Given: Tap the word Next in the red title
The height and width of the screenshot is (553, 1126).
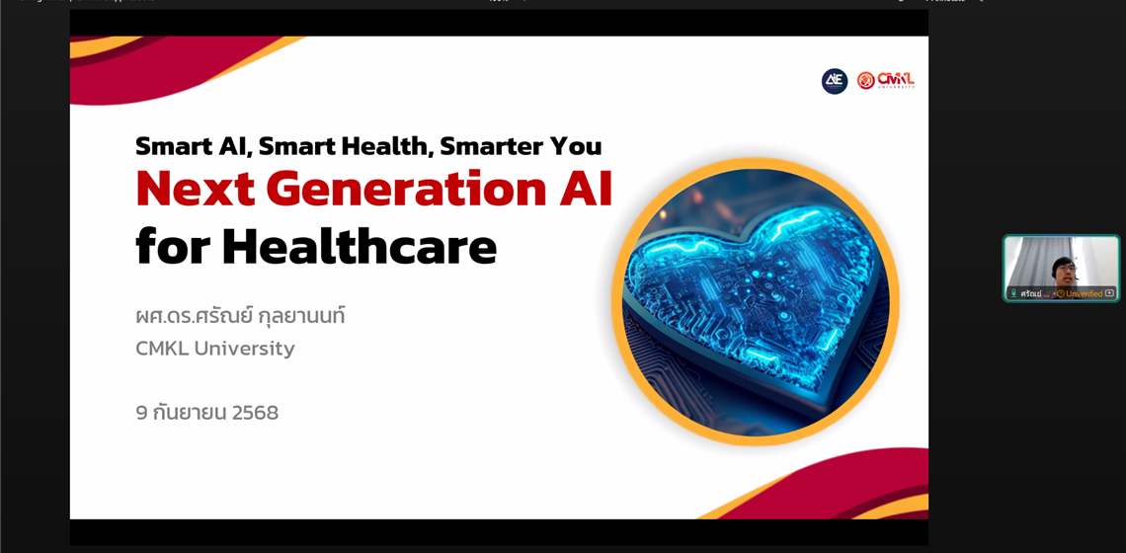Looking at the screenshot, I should tap(195, 189).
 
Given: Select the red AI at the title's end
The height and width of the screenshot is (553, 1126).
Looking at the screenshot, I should tap(586, 189).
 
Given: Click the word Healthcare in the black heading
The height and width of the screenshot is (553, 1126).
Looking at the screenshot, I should tap(360, 247).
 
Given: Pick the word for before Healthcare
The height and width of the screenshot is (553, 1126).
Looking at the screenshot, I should tap(172, 247).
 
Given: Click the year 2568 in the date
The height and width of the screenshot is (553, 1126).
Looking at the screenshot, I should tap(255, 413).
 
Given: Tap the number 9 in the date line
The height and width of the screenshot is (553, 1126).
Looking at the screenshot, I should tap(141, 413).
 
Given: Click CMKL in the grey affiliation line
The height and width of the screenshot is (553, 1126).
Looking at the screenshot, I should tap(161, 349).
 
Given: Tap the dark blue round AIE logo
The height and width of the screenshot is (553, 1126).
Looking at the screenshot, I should tap(835, 81).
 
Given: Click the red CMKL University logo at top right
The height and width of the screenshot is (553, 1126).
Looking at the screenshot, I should tap(885, 80).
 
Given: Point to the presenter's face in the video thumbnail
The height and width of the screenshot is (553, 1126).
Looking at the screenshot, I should tap(1064, 269).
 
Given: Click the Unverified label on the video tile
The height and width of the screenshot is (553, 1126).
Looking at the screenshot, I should tap(1084, 293).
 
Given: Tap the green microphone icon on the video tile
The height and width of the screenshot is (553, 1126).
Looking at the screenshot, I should tap(1013, 293).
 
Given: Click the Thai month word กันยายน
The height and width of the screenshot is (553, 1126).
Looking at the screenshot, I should tap(190, 413).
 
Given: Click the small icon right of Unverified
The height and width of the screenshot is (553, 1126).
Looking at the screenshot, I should tap(1109, 293).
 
